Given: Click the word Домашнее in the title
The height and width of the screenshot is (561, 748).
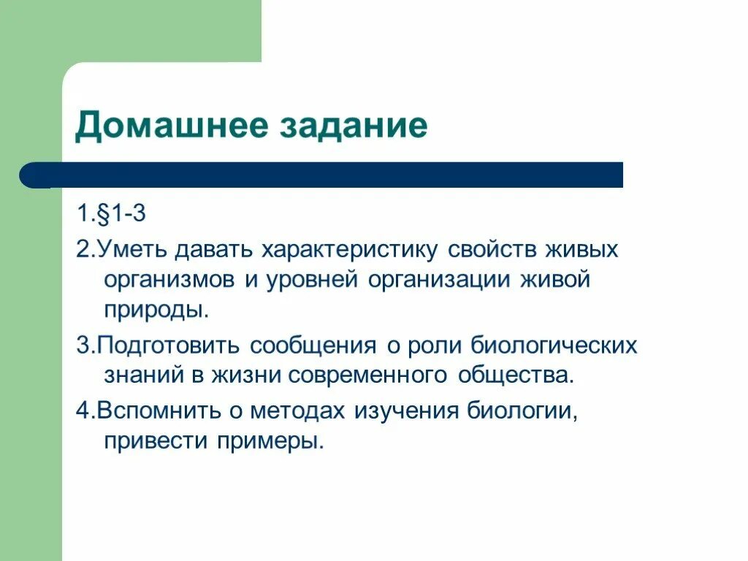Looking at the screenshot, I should [x=171, y=126].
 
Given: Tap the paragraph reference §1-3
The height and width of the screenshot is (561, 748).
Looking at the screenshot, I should [x=125, y=216].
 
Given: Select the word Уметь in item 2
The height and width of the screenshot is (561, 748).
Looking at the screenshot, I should [x=134, y=251].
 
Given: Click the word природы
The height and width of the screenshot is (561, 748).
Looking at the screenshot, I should [x=156, y=310].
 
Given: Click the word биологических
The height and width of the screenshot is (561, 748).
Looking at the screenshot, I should [x=554, y=346].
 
